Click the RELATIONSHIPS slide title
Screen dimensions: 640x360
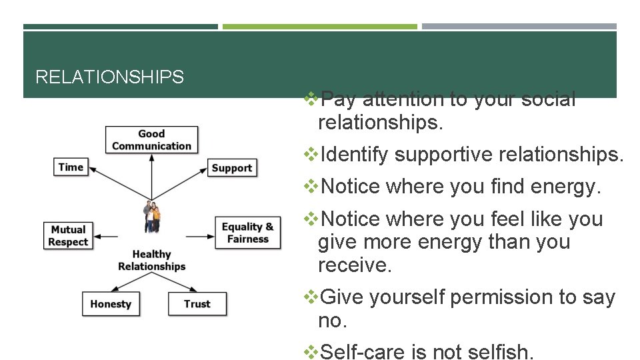click(109, 77)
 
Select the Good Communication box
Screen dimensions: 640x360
click(151, 140)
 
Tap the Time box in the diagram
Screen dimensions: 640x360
click(71, 167)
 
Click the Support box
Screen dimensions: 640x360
click(231, 168)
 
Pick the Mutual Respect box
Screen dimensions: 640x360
click(69, 235)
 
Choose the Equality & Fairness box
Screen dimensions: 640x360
click(247, 233)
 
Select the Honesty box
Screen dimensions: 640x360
click(111, 304)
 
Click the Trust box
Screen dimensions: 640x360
click(197, 304)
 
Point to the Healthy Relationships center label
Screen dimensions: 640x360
click(152, 260)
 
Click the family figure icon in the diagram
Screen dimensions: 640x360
click(152, 217)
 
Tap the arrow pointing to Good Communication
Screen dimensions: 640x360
click(151, 177)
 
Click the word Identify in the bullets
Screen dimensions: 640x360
click(354, 155)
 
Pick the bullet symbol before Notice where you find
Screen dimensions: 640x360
click(311, 187)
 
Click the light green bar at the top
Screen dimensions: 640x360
click(319, 27)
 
